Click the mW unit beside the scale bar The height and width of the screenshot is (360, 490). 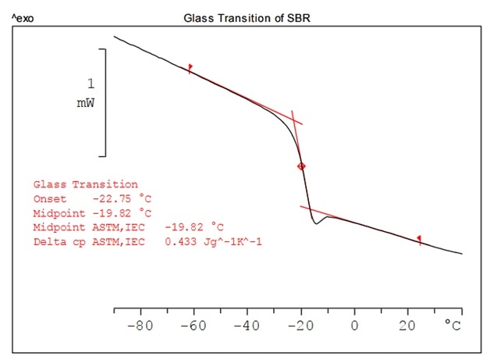tap(86, 103)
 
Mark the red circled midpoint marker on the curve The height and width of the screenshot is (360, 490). tap(301, 166)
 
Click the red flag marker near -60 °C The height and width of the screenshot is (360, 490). tap(190, 68)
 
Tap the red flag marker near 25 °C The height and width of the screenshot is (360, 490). tap(419, 239)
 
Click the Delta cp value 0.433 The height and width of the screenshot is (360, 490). tap(180, 241)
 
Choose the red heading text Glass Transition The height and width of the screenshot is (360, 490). tap(85, 184)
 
